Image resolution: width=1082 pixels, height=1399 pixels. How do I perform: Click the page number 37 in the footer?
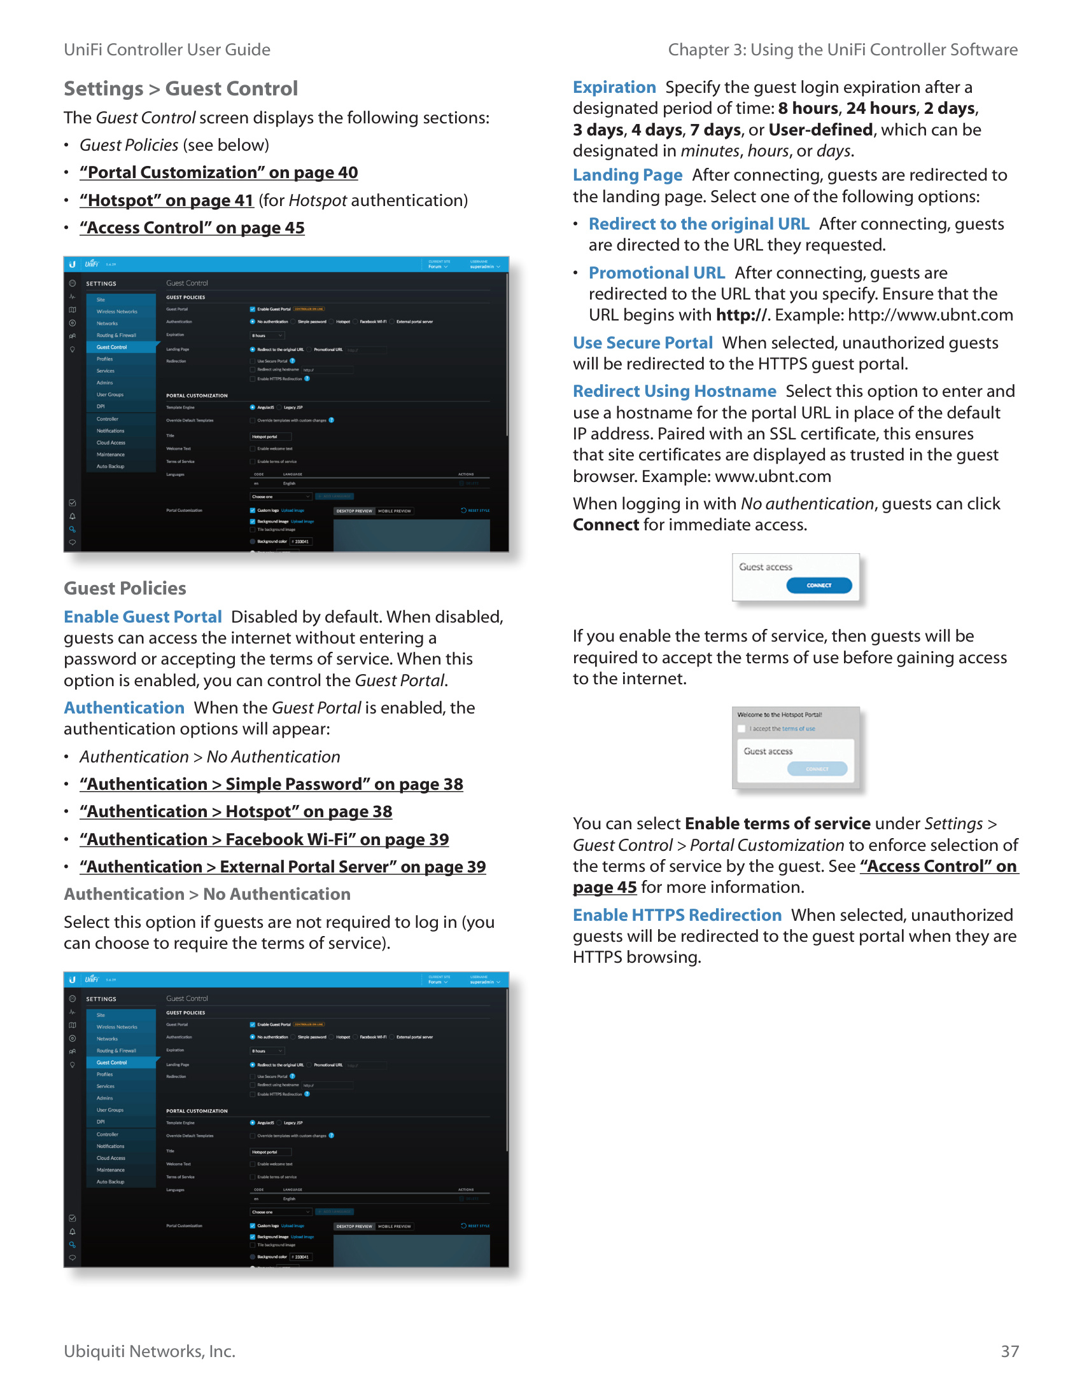1009,1351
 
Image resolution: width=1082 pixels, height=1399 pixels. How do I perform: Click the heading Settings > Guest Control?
181,88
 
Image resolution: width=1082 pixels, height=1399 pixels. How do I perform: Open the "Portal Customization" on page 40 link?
218,172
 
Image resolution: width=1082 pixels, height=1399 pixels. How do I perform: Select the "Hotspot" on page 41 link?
167,200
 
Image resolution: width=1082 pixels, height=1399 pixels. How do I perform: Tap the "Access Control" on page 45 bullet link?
192,228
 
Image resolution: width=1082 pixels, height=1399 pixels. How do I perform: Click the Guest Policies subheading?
125,588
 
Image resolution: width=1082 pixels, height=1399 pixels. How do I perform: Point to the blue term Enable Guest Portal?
143,616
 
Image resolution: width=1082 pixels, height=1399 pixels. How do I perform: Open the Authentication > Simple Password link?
271,784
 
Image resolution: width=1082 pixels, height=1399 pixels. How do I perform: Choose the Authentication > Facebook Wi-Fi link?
264,839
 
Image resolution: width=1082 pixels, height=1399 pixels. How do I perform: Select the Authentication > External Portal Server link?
283,867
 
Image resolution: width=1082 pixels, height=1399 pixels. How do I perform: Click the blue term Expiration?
614,87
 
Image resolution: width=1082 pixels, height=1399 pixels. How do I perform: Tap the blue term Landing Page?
628,175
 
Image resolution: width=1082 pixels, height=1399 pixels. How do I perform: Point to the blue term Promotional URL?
656,273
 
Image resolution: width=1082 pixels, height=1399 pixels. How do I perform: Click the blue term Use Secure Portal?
642,343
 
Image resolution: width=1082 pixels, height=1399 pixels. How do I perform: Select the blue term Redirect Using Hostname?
674,390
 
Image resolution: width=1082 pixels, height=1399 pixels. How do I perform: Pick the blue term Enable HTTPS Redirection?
677,914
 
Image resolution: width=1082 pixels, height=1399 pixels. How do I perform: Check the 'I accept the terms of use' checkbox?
741,728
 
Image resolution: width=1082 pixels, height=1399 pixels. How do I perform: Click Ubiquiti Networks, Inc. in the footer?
150,1351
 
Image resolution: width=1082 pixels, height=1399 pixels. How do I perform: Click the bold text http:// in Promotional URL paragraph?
741,315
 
